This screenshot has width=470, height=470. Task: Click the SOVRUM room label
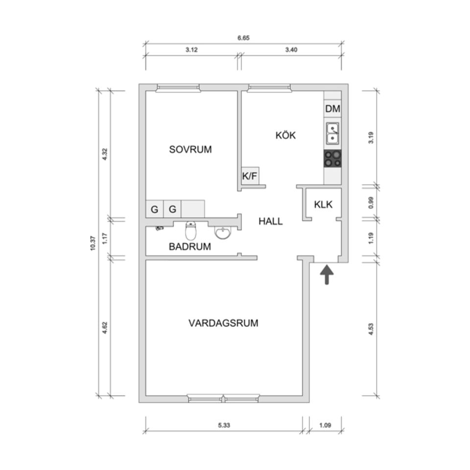point(190,149)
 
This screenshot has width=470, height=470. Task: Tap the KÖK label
point(285,135)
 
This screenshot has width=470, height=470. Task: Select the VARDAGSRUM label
point(223,323)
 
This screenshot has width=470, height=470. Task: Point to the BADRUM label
point(190,247)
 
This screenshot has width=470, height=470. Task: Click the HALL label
point(271,221)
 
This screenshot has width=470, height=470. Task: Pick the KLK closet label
point(323,204)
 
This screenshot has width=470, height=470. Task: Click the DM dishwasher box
point(332,109)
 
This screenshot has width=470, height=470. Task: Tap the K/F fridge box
point(249,176)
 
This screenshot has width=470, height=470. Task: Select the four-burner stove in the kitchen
point(332,158)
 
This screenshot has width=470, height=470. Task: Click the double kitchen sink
point(332,134)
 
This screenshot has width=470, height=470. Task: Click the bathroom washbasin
point(224,233)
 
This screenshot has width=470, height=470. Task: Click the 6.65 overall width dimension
point(243,38)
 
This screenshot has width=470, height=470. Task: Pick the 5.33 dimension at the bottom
point(224,425)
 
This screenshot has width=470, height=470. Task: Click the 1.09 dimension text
point(325,425)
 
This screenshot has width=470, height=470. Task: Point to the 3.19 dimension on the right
point(372,138)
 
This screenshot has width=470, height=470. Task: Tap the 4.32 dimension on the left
point(104,153)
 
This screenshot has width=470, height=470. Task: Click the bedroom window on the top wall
point(178,88)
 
